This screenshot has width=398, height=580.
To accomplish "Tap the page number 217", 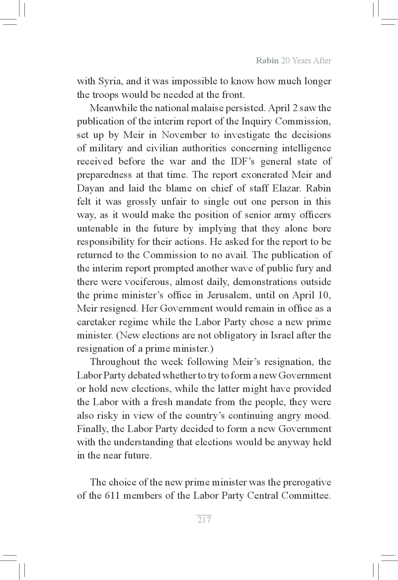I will [204, 520].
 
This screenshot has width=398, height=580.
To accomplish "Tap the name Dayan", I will [90, 188].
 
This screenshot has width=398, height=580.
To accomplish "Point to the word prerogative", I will [307, 482].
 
